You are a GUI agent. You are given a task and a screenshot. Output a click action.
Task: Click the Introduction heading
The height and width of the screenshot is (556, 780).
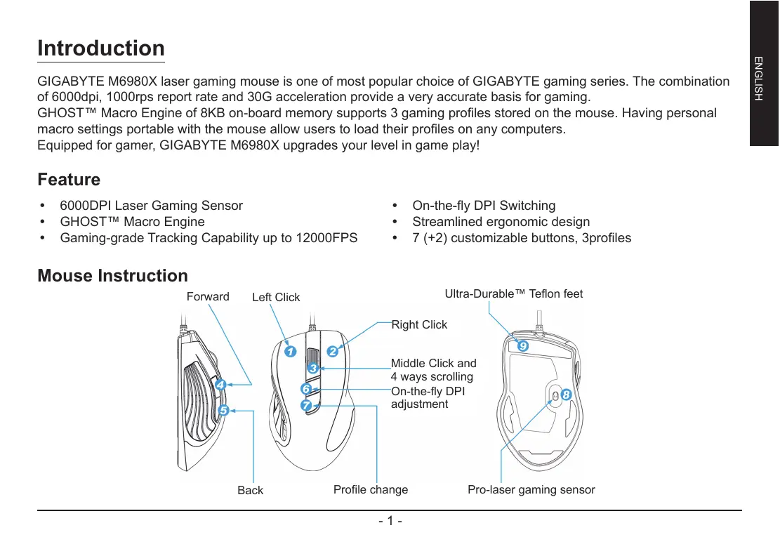pyautogui.click(x=101, y=48)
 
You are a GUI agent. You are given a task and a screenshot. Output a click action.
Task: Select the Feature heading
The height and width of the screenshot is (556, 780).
pyautogui.click(x=69, y=180)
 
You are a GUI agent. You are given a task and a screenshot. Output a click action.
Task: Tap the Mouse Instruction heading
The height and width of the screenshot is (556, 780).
pyautogui.click(x=112, y=276)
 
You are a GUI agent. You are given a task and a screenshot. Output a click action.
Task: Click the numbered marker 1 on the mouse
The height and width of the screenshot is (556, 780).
pyautogui.click(x=289, y=350)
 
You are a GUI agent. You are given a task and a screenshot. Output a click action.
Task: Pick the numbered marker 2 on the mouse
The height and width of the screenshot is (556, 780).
pyautogui.click(x=332, y=351)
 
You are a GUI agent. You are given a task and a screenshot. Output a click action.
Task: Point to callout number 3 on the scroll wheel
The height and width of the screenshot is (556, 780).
pyautogui.click(x=313, y=369)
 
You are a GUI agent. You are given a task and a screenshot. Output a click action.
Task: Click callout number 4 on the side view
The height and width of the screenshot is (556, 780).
pyautogui.click(x=220, y=385)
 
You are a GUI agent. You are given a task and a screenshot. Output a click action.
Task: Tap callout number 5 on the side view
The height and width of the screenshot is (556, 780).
pyautogui.click(x=223, y=409)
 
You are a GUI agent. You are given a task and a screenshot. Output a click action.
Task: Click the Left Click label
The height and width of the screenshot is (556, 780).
pyautogui.click(x=276, y=298)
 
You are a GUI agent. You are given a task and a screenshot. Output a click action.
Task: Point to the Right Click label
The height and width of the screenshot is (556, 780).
pyautogui.click(x=418, y=324)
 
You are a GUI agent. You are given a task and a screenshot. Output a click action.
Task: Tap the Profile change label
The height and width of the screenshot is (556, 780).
pyautogui.click(x=371, y=489)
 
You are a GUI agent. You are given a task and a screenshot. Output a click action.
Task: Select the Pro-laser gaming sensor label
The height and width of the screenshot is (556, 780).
pyautogui.click(x=531, y=489)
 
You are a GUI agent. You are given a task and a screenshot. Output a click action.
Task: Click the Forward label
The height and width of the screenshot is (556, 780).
pyautogui.click(x=208, y=297)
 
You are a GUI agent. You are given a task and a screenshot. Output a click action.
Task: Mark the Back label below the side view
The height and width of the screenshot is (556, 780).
pyautogui.click(x=250, y=490)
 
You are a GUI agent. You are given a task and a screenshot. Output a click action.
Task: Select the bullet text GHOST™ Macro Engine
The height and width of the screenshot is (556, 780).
pyautogui.click(x=133, y=222)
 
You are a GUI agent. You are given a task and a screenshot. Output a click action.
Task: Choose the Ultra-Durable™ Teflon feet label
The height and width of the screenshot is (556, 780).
pyautogui.click(x=514, y=293)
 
